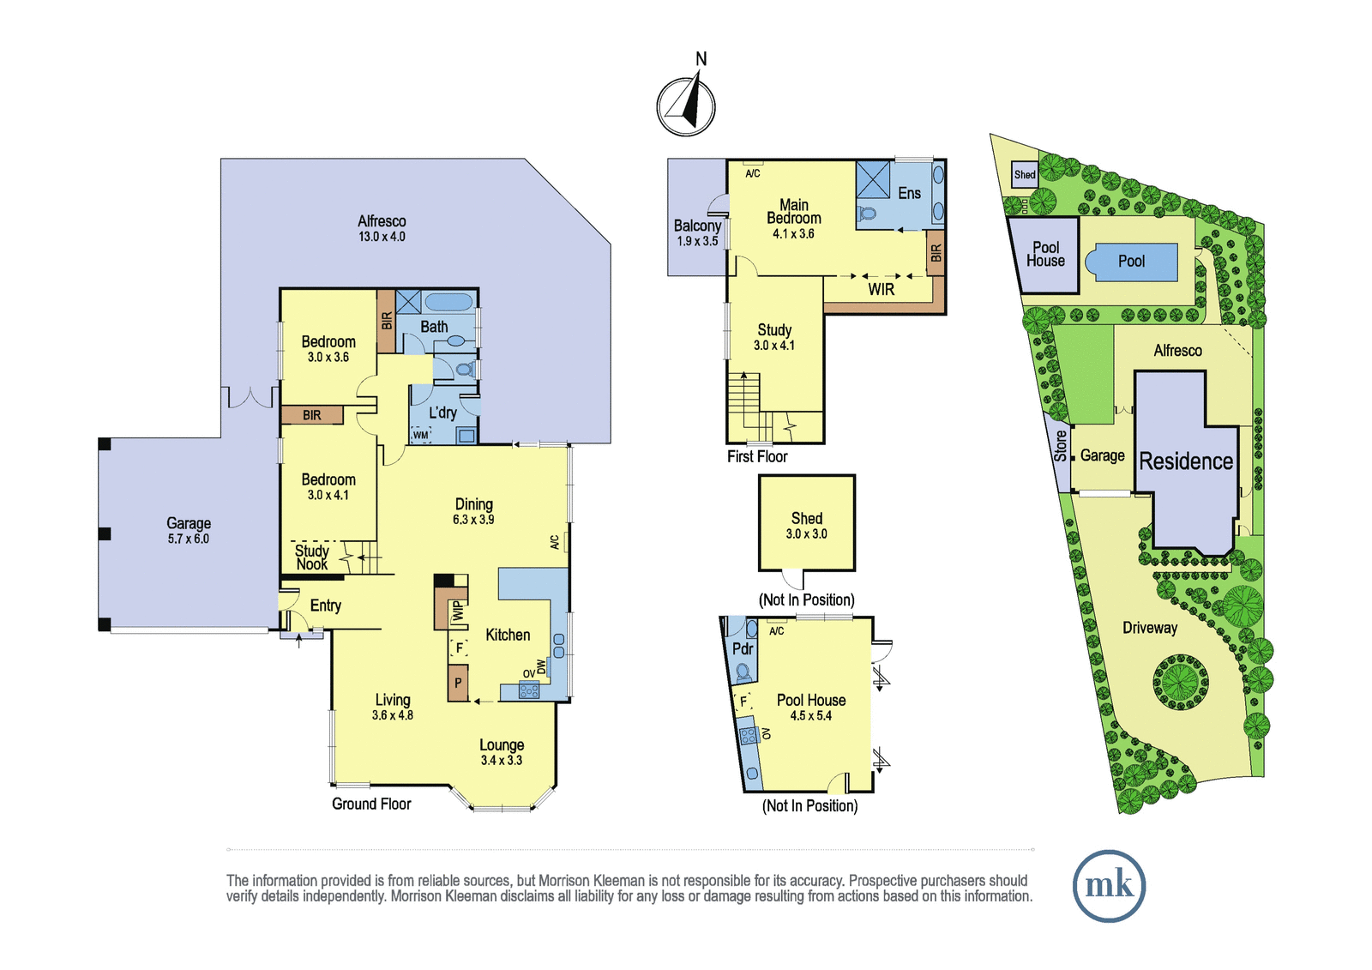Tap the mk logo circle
[x=1110, y=886]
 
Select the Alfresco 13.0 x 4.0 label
[x=382, y=228]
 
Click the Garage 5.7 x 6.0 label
[x=189, y=531]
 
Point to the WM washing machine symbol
[x=421, y=435]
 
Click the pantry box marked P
[x=458, y=683]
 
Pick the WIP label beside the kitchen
[x=459, y=611]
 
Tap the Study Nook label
[x=312, y=557]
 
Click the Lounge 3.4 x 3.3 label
[x=502, y=752]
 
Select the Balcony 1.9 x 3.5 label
[x=697, y=232]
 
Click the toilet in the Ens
[x=867, y=214]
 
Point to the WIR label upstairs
[x=881, y=289]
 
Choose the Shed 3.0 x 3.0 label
[x=807, y=526]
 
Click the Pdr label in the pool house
[x=743, y=648]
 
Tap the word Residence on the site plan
[x=1186, y=461]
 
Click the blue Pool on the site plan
[x=1131, y=262]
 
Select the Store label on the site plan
[x=1060, y=446]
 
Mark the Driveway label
[x=1150, y=628]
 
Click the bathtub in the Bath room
[x=449, y=302]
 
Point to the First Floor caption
[x=757, y=456]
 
